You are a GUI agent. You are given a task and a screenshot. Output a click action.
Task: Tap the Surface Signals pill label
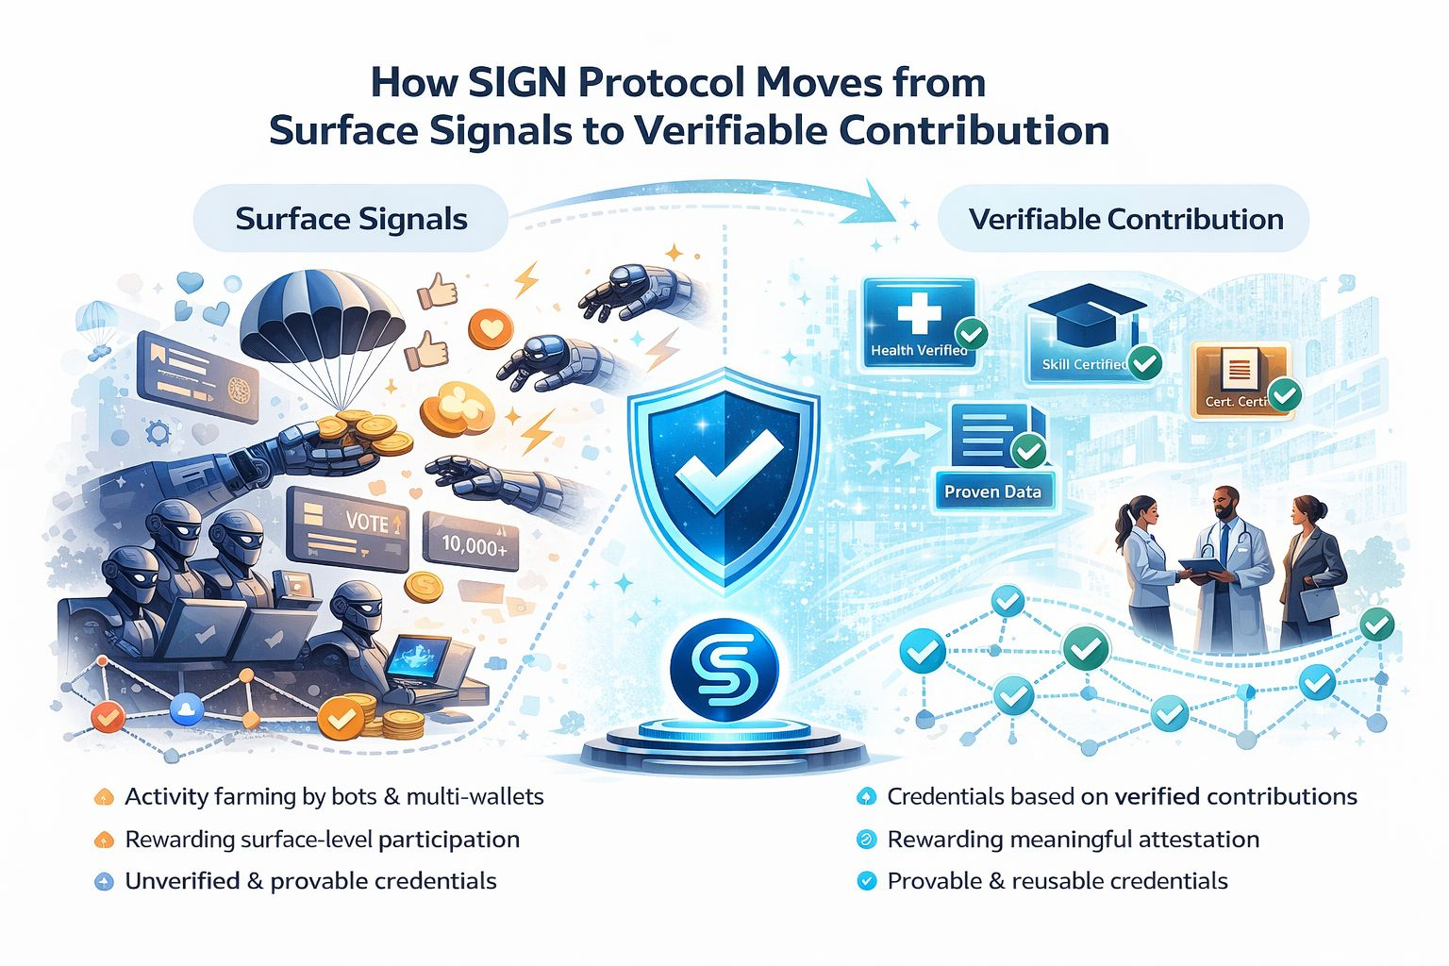pos(351,219)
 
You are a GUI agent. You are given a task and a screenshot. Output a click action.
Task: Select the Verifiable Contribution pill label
pos(1125,219)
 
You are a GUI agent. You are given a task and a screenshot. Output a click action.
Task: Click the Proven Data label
pos(992,491)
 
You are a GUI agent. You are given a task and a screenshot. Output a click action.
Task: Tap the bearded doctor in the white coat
pos(1227,566)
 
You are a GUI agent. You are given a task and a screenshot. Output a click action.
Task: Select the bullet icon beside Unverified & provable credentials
pos(104,882)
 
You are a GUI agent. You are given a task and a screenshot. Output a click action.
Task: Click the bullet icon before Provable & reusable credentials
pos(865,882)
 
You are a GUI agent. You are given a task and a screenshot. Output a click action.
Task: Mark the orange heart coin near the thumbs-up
pos(491,329)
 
